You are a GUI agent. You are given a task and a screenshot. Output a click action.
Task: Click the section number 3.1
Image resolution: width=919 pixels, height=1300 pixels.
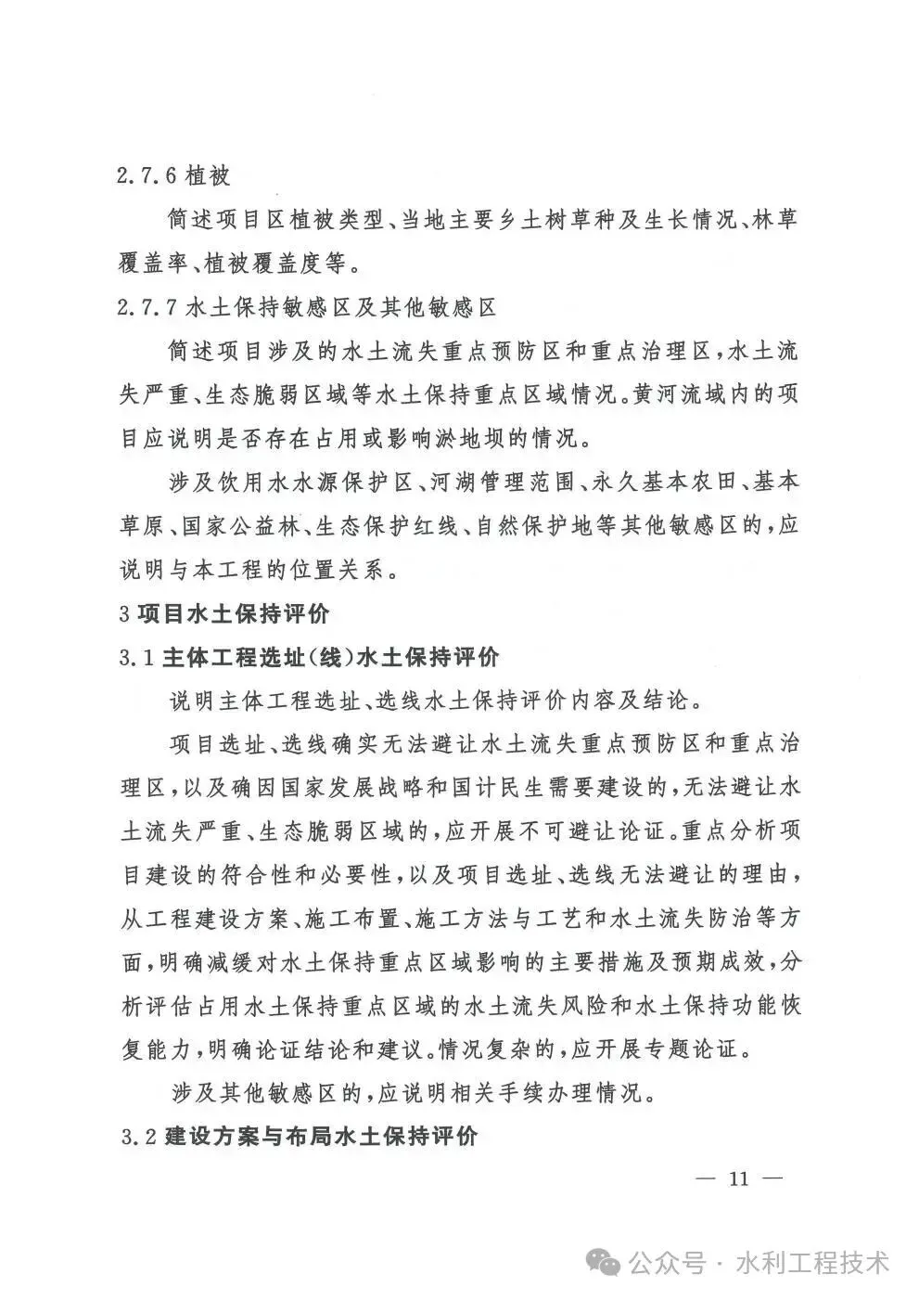coord(135,658)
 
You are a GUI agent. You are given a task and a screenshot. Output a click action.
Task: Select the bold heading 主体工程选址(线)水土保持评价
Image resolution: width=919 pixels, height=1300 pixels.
coord(329,658)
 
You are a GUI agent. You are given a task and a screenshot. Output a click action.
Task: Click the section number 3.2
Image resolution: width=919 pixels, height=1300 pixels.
coord(135,1136)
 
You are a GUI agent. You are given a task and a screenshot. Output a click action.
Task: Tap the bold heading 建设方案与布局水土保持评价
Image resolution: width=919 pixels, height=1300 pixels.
coord(320,1136)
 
